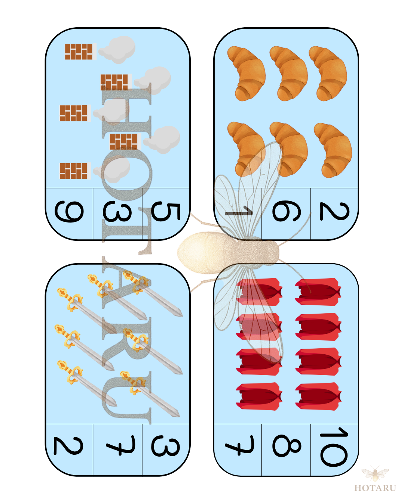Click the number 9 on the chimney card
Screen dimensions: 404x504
coord(69,211)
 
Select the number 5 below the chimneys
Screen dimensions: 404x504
coord(166,212)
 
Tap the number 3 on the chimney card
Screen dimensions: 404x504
coord(117,212)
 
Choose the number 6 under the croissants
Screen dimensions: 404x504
coord(287,211)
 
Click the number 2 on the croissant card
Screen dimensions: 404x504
coord(334,211)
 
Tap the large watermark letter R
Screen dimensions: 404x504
coord(127,342)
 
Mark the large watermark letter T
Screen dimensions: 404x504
coord(127,231)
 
